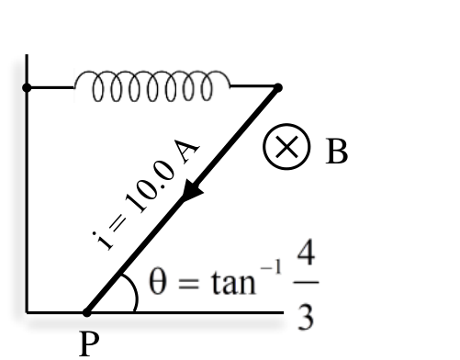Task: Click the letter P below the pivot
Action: coord(89,343)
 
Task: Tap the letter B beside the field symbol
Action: coord(336,152)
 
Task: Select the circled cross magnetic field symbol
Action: coord(286,147)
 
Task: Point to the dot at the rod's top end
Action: coord(277,88)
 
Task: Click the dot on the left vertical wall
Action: coord(27,88)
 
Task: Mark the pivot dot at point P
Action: coord(87,312)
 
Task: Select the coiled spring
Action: coord(151,86)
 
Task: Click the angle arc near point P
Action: coord(133,291)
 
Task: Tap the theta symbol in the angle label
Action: coord(158,282)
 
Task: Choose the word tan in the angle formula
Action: coord(233,282)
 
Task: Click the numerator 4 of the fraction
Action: coord(306,254)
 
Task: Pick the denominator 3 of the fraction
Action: coord(306,318)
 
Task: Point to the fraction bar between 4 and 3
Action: coord(306,282)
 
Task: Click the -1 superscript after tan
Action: coord(271,267)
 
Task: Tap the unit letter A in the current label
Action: coord(186,151)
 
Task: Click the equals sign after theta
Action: coord(189,283)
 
